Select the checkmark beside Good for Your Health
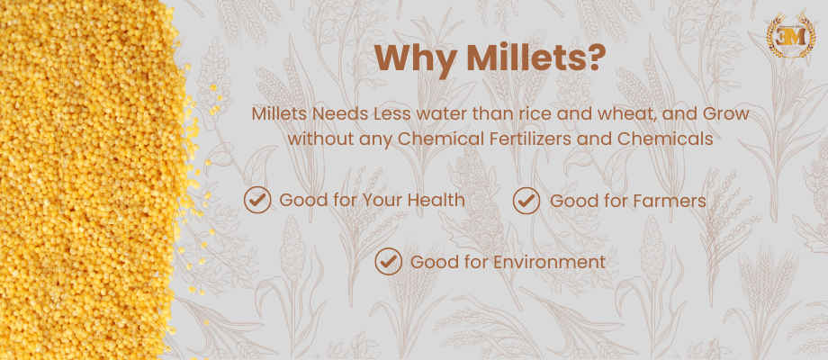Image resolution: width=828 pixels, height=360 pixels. [257, 200]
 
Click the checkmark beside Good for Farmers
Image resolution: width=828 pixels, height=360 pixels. [526, 200]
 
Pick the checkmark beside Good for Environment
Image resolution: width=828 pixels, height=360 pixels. [388, 262]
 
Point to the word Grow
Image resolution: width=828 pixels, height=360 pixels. [724, 116]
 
